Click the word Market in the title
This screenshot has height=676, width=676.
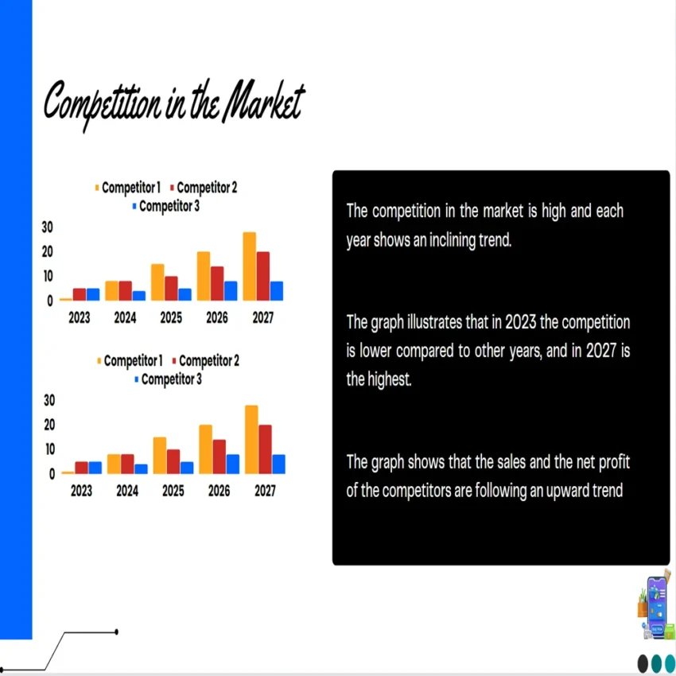pos(262,103)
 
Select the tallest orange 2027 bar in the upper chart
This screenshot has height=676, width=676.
pos(250,266)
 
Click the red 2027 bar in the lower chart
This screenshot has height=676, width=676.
pos(265,449)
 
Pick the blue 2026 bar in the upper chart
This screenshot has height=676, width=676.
pos(231,291)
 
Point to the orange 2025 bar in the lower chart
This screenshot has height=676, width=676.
pos(160,455)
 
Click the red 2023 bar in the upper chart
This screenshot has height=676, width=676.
pos(80,294)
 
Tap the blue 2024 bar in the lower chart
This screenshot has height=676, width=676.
pos(141,468)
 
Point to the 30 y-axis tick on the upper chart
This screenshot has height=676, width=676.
pos(47,227)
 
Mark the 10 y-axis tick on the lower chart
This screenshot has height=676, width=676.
pos(49,449)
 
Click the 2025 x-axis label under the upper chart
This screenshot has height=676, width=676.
pos(171,318)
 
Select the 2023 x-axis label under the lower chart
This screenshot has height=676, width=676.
pos(81,491)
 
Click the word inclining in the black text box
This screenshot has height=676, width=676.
pos(449,240)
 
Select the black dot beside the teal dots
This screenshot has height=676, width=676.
pos(643,662)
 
